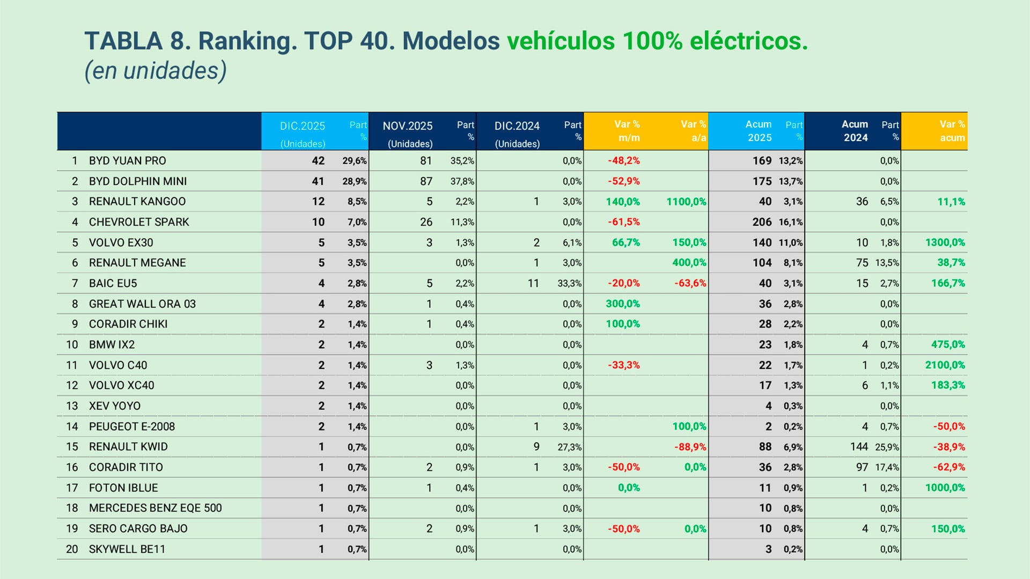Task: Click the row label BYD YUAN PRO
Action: [127, 161]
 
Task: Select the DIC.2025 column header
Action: [303, 127]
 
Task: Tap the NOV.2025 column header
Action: [408, 127]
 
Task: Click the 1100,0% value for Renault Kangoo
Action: [686, 202]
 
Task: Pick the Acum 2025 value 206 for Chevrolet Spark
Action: [762, 222]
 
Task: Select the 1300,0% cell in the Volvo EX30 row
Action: [945, 242]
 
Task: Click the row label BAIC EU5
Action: [113, 283]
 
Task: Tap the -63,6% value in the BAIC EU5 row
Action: [690, 283]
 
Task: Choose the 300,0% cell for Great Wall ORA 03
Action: [622, 304]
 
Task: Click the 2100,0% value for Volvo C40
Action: [945, 365]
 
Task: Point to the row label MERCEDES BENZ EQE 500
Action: [155, 508]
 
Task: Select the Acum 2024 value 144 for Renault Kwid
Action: [858, 447]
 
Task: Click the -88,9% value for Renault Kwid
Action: [690, 447]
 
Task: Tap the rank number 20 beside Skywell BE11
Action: [72, 549]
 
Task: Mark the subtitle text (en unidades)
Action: [156, 71]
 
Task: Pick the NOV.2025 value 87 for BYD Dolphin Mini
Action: [426, 181]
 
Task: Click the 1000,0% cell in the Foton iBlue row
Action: [945, 488]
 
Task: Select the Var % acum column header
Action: [952, 131]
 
